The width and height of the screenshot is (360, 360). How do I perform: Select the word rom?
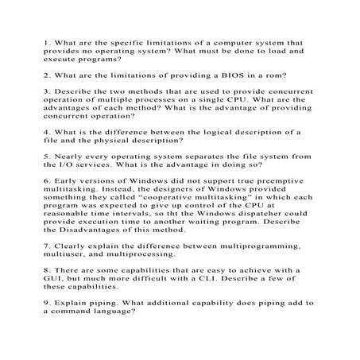click(x=268, y=74)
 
